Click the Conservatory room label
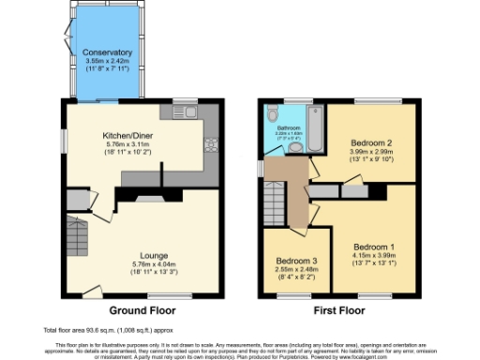click(x=106, y=52)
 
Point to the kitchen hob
click(x=211, y=145)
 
